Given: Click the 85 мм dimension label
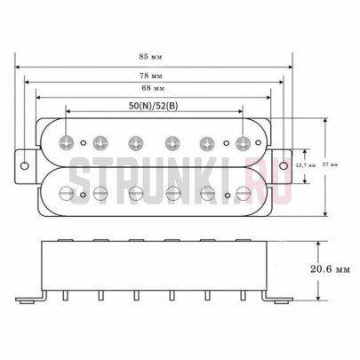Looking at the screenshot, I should point(157,55).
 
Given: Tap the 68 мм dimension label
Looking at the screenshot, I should point(153,90).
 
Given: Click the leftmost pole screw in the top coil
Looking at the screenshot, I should point(67,141).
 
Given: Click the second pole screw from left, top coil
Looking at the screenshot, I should point(100,141).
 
